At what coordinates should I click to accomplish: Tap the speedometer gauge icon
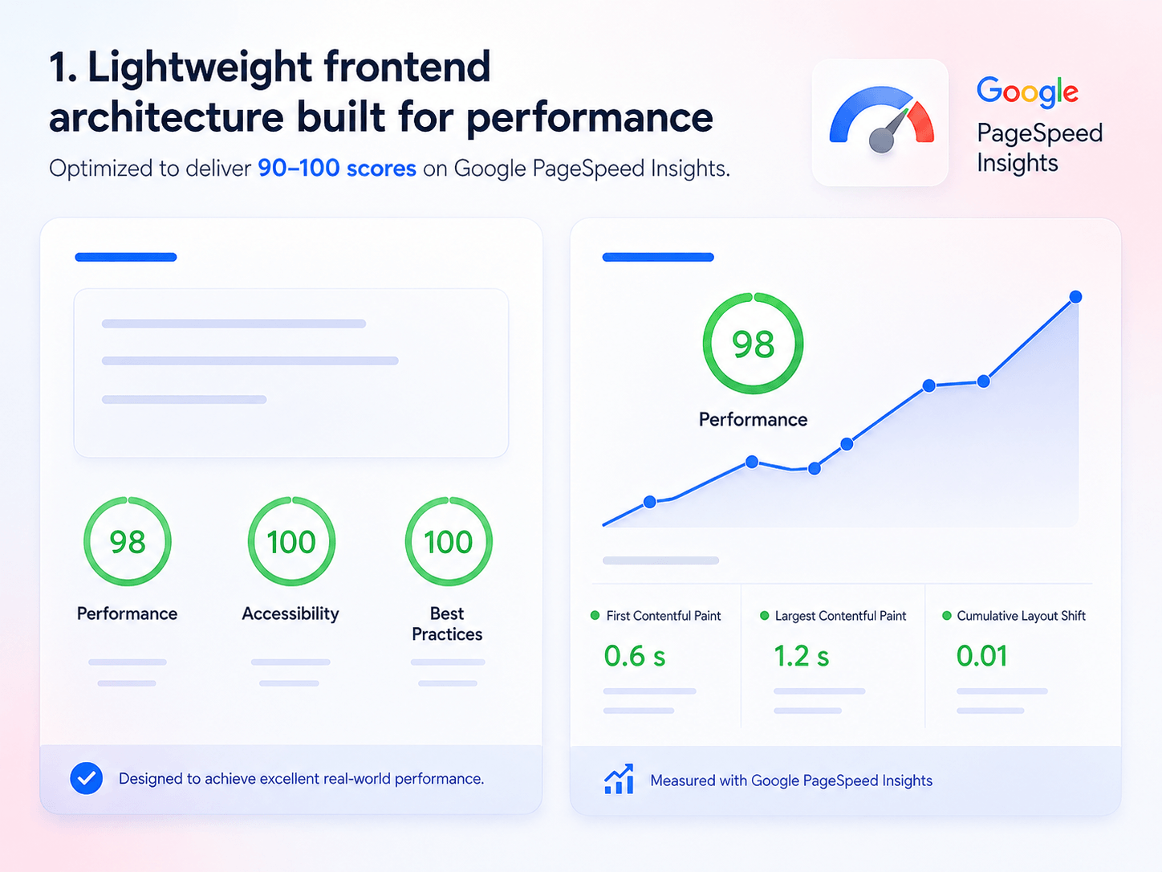(x=881, y=120)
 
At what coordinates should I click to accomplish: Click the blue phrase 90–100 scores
(x=337, y=169)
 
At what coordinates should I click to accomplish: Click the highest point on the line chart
(x=1075, y=296)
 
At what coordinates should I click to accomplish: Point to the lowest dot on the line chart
(x=649, y=502)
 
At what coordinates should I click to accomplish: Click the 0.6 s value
(x=634, y=656)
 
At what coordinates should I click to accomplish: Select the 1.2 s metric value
(x=801, y=656)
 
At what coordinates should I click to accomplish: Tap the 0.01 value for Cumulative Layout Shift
(x=981, y=656)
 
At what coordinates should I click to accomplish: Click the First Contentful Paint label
(x=664, y=616)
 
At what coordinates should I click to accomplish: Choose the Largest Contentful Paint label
(x=841, y=616)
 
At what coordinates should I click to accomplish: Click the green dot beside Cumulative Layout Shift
(x=947, y=615)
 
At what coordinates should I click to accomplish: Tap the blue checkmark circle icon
(x=87, y=778)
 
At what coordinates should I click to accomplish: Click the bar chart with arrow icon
(x=619, y=779)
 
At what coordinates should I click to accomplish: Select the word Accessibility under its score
(x=290, y=613)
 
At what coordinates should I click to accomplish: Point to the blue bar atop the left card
(x=126, y=257)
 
